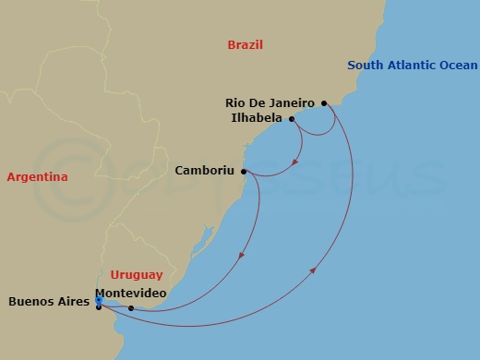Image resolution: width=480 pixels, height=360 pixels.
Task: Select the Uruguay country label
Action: [136, 274]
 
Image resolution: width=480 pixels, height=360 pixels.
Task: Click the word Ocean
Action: [460, 66]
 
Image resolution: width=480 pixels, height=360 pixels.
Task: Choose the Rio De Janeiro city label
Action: [270, 103]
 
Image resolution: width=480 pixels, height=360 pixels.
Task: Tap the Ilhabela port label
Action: [258, 118]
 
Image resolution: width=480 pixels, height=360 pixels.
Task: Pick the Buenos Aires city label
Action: [48, 301]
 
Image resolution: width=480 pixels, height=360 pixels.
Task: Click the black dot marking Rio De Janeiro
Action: [324, 103]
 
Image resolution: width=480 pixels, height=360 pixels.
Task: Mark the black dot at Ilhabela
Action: [292, 119]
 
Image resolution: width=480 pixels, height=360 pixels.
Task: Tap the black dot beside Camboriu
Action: [244, 171]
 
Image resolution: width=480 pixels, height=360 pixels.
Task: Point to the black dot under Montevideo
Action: [131, 308]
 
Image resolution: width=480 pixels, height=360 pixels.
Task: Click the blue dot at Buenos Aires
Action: [98, 299]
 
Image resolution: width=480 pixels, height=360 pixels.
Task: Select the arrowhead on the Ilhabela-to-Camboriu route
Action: [294, 163]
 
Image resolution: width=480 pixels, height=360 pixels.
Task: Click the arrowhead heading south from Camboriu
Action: [243, 256]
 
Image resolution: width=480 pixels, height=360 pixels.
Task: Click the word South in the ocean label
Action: [366, 66]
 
